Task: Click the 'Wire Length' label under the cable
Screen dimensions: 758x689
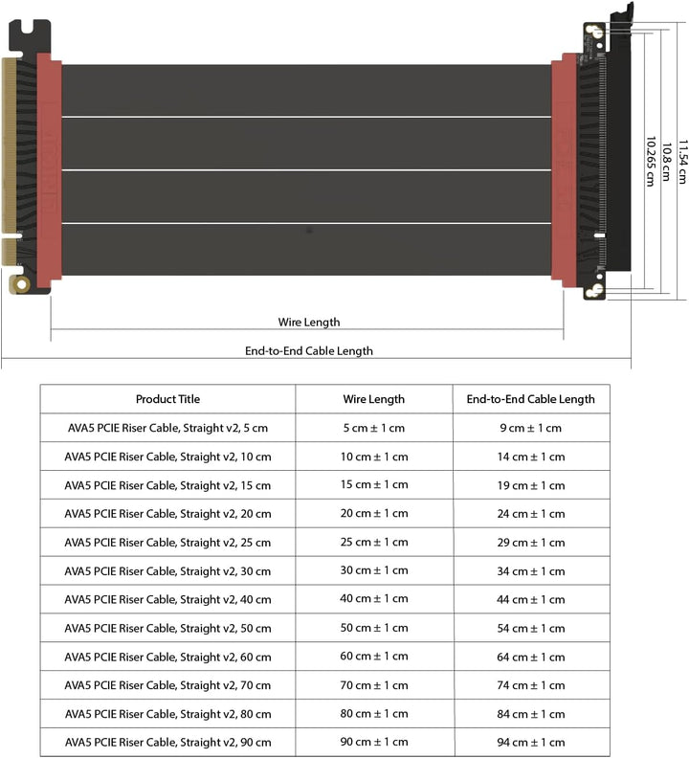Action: click(308, 323)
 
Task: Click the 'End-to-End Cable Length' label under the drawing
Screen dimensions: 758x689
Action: click(308, 351)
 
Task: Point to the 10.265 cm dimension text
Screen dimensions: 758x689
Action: click(651, 160)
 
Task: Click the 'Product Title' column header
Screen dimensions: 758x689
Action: click(167, 399)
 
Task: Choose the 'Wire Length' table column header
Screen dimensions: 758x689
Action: click(373, 399)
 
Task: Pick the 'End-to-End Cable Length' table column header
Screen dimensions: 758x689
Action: click(530, 399)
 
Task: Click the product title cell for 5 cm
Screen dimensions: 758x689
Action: click(167, 428)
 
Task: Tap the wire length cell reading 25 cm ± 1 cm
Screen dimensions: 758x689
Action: click(373, 543)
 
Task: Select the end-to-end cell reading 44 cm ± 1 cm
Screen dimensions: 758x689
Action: click(530, 600)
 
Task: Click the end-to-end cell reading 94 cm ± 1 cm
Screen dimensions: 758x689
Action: click(530, 743)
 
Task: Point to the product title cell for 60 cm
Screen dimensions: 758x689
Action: click(167, 658)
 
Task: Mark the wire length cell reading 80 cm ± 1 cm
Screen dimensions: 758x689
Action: click(373, 714)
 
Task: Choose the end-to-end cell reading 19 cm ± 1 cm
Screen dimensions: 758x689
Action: click(530, 485)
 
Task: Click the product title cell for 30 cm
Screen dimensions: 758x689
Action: click(167, 571)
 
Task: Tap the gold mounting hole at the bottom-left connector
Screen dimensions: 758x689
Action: click(20, 284)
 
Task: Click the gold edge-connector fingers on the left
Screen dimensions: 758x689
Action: click(11, 144)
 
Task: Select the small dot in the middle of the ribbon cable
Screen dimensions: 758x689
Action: click(308, 231)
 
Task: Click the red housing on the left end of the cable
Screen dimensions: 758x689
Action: click(49, 167)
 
